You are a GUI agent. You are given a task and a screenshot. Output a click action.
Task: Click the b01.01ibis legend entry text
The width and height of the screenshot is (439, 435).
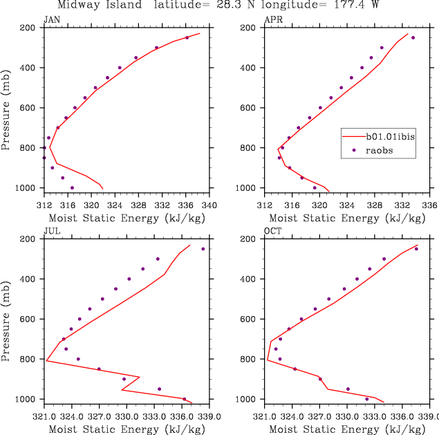click(x=392, y=138)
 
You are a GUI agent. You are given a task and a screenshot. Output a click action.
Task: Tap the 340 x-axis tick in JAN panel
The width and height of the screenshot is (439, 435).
click(x=209, y=205)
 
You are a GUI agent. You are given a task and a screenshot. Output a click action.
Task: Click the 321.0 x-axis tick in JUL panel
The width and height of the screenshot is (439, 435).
click(x=44, y=416)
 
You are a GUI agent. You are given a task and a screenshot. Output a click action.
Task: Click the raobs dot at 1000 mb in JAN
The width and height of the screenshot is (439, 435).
click(x=72, y=187)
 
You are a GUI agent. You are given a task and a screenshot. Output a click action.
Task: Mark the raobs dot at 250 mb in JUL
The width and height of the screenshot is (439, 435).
click(x=203, y=249)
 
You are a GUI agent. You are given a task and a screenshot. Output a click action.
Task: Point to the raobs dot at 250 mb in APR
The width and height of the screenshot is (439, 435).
click(x=413, y=37)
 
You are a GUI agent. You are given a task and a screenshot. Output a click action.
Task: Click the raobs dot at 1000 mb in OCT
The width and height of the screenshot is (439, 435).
click(x=366, y=399)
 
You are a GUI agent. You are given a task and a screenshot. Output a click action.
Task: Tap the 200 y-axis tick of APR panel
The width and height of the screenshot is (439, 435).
click(x=247, y=28)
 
